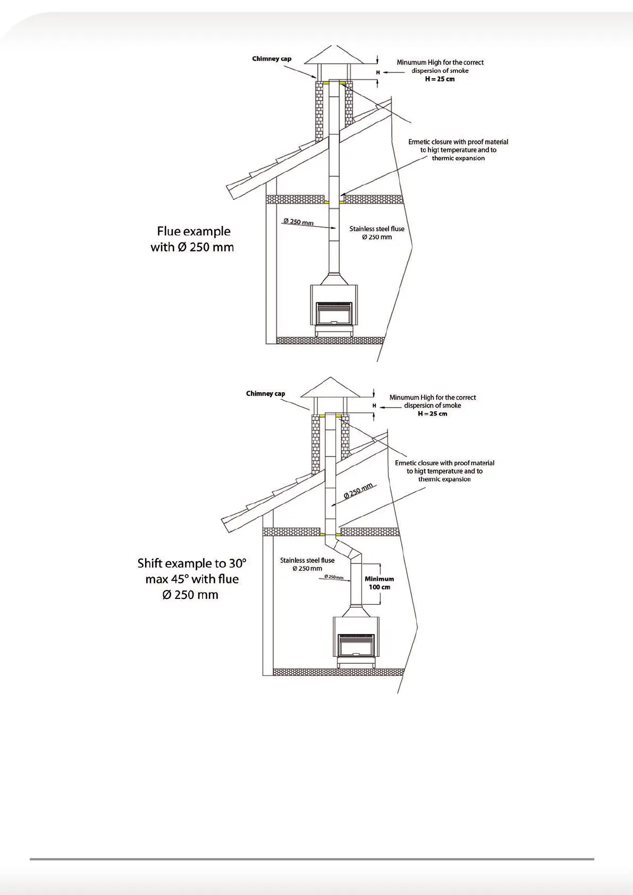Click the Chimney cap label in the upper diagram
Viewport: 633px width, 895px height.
(272, 59)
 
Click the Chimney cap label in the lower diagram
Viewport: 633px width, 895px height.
(265, 394)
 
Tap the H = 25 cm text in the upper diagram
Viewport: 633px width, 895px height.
(440, 79)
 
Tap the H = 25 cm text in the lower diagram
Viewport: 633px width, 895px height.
(432, 414)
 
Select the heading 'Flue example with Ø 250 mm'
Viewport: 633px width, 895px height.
(192, 239)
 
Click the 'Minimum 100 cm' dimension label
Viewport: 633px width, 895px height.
(379, 583)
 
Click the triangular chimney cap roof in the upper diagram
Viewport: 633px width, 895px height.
(332, 55)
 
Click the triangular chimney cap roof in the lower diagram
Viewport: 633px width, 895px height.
(330, 388)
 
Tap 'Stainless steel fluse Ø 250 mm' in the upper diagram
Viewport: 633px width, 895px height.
(377, 233)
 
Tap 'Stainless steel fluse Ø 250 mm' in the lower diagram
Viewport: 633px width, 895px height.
(307, 564)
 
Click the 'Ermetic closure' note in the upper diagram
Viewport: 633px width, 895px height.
(458, 150)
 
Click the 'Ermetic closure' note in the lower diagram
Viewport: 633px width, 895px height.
(444, 471)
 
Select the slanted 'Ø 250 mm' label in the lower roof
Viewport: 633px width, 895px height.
(360, 491)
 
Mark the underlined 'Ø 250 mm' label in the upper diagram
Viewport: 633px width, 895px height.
(298, 222)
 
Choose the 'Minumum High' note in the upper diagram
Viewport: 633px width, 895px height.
(440, 66)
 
